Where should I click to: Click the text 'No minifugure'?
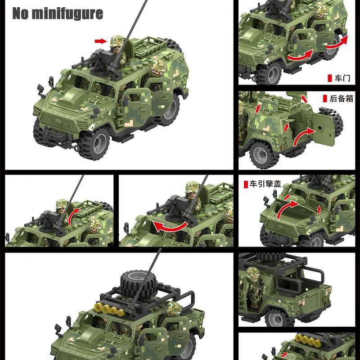click(x=58, y=13)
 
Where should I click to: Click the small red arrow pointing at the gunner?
click(x=100, y=41)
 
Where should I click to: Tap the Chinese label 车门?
click(x=342, y=78)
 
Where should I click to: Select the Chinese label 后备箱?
click(x=342, y=98)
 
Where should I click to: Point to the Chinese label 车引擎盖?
click(x=265, y=184)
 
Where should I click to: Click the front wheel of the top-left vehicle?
click(x=94, y=143)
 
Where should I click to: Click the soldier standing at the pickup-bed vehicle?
click(x=253, y=288)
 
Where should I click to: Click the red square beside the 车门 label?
click(x=330, y=78)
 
